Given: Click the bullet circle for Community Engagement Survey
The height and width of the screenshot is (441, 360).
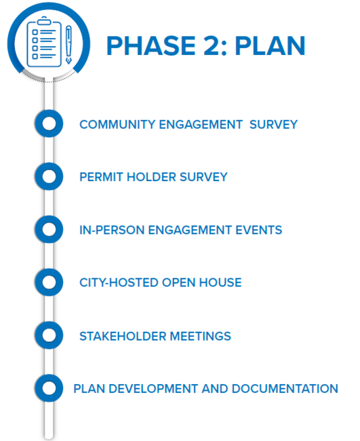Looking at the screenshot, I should (x=48, y=123).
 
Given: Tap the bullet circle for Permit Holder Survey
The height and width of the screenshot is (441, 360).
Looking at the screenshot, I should (x=48, y=176).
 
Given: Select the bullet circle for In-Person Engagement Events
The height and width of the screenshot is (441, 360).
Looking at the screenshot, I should (x=48, y=229).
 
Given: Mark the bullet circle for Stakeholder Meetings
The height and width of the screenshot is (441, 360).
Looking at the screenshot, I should (x=48, y=335).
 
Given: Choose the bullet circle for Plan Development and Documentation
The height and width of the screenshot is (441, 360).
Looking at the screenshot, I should (x=48, y=388).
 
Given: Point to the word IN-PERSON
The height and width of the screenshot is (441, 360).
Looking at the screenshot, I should (x=108, y=230).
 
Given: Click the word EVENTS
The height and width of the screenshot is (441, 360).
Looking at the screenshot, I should (x=258, y=230).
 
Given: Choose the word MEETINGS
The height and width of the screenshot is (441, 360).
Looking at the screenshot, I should (x=199, y=336).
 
